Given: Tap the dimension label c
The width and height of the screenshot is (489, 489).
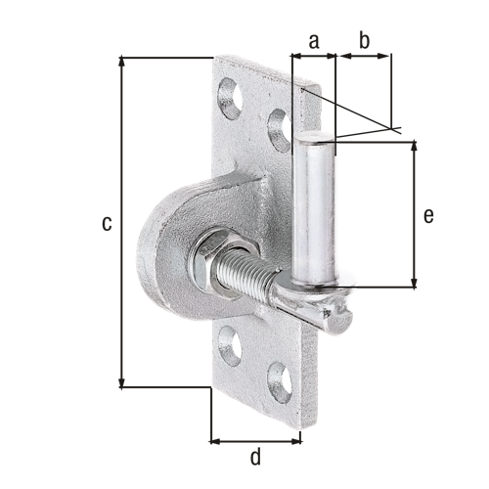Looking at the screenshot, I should [106, 223].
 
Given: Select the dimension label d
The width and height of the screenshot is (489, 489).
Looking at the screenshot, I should [255, 457].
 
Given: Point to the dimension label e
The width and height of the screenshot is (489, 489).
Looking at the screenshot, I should [428, 216].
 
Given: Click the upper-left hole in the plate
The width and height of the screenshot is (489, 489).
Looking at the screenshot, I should [230, 98].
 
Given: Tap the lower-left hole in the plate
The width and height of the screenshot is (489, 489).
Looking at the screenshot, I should [231, 343].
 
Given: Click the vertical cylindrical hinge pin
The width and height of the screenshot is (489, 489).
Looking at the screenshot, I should [317, 210].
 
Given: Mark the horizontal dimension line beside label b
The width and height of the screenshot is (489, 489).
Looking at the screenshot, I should [364, 57].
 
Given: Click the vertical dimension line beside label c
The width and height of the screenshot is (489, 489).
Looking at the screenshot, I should [121, 223].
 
